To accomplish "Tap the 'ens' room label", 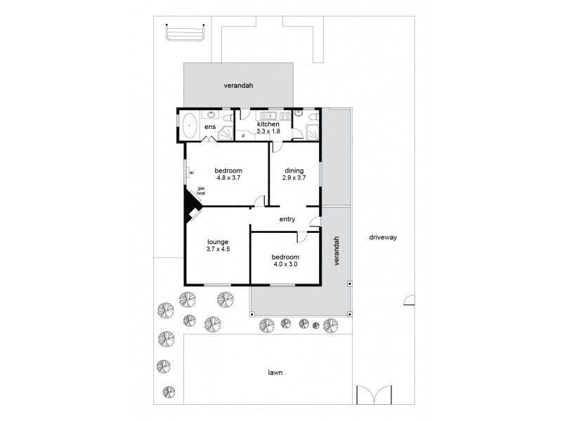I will pos(210,127).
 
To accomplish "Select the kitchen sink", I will pos(268,115).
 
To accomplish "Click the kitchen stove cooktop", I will pos(285,115).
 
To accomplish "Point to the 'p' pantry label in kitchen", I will pos(243,135).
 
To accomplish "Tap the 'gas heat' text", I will pos(201,191).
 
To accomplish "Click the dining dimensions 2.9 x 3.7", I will pos(295,178).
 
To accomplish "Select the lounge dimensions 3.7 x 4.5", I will pos(218,248).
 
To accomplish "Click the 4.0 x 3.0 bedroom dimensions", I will pos(285,265).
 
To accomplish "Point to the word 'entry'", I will pos(287,220).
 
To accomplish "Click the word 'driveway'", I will pos(383,237).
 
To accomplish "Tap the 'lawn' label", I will pos(274,373).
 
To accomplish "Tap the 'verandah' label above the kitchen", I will pos(238,86).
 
